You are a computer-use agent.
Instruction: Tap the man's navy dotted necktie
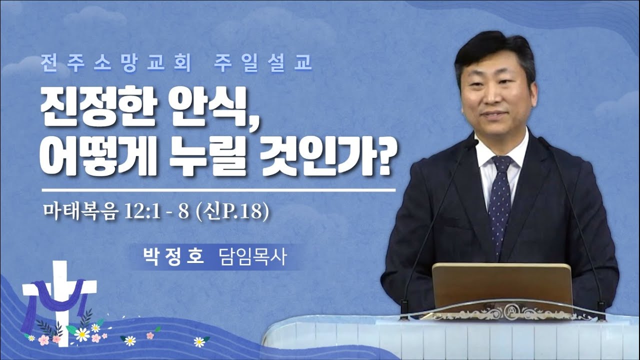[x=500, y=200]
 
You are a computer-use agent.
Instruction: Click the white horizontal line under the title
[x=218, y=190]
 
